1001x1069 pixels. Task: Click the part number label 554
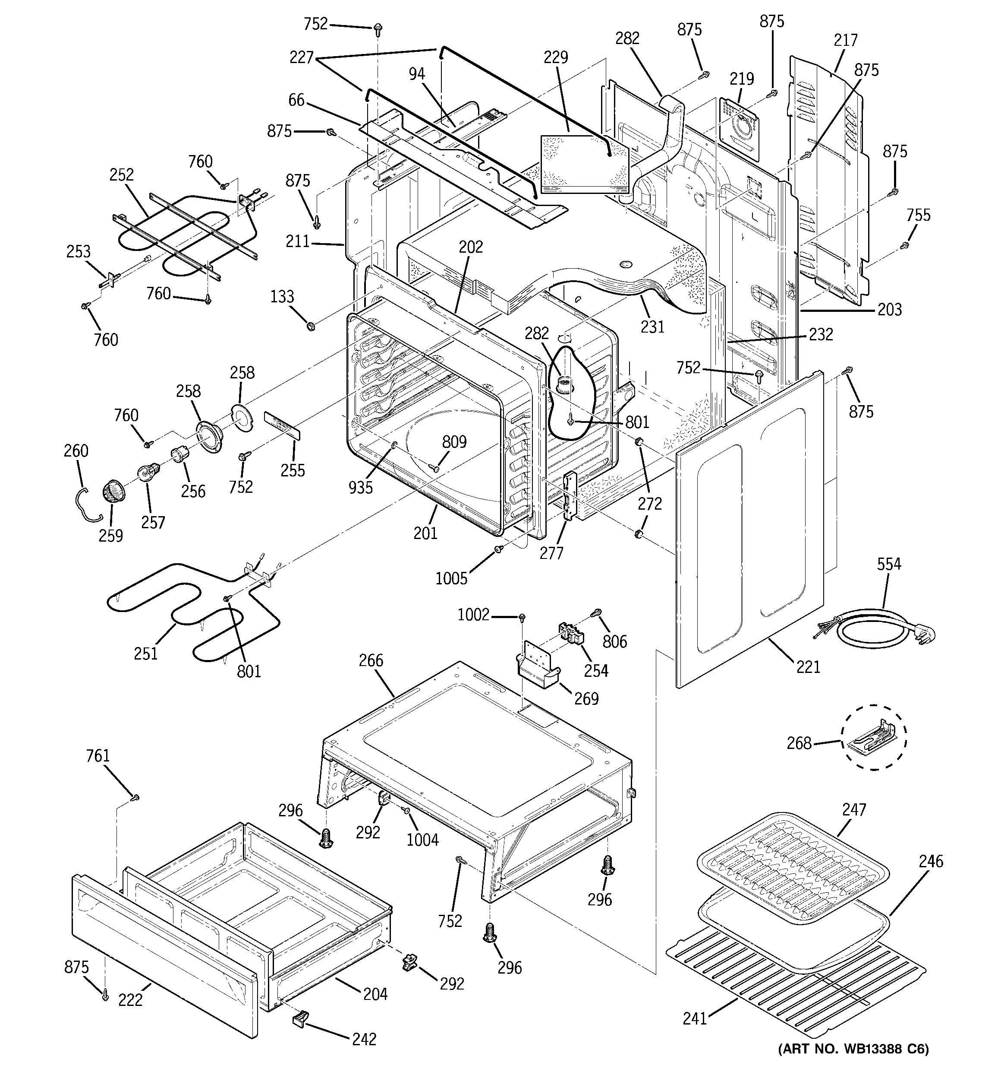pos(889,564)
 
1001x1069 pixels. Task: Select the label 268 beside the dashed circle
pos(799,743)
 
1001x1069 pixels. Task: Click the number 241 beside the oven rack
pos(694,1018)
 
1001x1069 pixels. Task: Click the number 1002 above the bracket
pos(473,614)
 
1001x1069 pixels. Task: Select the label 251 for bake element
pos(145,653)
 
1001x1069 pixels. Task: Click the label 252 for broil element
pos(121,175)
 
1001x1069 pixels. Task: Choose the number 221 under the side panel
pos(808,667)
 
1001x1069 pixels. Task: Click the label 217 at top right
pos(845,40)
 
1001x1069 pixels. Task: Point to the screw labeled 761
pos(136,796)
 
